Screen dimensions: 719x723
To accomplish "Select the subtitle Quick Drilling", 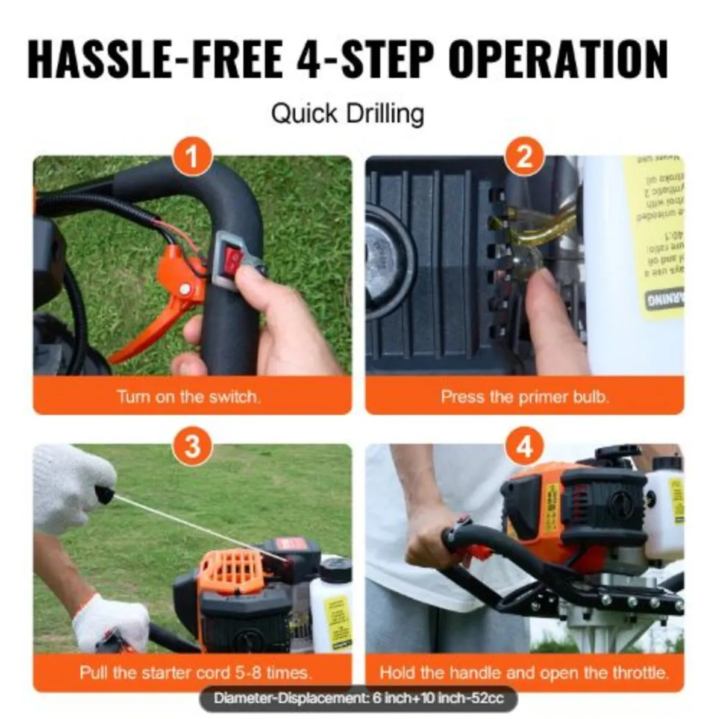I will click(x=348, y=113).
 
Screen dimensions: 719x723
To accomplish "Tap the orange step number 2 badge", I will click(x=524, y=159).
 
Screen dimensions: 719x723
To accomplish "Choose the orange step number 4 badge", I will click(x=524, y=447).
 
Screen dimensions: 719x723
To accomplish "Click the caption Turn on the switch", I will click(x=189, y=397).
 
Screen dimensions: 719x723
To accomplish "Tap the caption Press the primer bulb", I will click(x=524, y=397).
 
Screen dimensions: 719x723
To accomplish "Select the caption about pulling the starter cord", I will click(x=195, y=672).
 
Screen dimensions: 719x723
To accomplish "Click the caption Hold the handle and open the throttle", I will click(x=524, y=672).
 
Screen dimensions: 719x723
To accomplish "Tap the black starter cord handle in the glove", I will click(x=104, y=495).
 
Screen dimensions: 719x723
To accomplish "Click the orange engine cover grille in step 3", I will click(x=232, y=570).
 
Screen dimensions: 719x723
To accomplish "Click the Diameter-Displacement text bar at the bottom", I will click(x=358, y=699).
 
